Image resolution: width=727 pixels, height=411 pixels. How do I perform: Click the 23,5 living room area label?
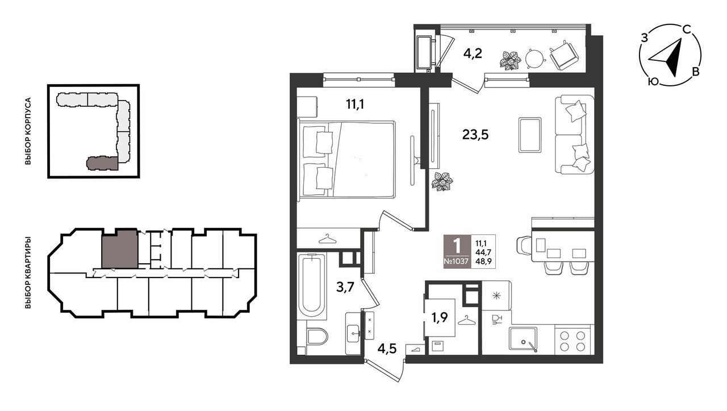(475, 134)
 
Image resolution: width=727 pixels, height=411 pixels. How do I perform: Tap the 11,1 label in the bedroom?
(355, 104)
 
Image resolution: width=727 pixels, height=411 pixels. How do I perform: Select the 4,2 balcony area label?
(473, 53)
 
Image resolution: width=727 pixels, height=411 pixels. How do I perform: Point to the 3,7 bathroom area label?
(345, 287)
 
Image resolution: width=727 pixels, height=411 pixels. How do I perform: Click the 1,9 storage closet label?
(440, 317)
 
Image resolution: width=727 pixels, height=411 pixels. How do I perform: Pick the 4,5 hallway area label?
(387, 349)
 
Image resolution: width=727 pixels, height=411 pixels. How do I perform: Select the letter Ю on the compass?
(653, 81)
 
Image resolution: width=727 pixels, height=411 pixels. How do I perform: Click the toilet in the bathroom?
(317, 336)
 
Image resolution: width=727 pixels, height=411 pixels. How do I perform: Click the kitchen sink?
(523, 339)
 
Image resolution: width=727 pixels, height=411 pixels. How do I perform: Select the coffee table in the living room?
(530, 135)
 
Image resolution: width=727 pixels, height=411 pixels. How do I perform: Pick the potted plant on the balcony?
(509, 60)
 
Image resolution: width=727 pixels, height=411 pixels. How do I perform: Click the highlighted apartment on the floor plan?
(119, 249)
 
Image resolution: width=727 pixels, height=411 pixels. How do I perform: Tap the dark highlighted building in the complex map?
(102, 163)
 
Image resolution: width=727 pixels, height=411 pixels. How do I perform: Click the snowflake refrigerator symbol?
(496, 296)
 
